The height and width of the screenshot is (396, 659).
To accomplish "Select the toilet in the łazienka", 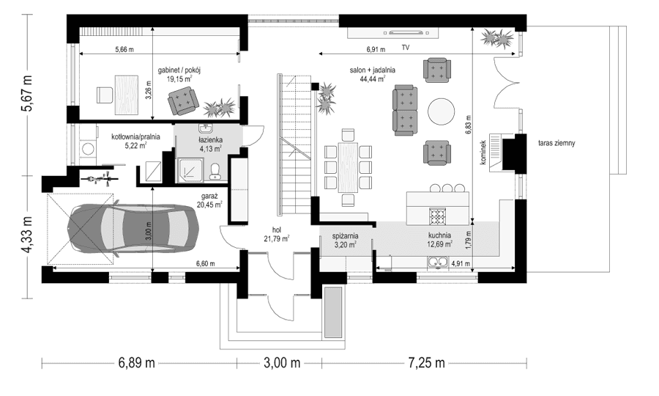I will point(215,171).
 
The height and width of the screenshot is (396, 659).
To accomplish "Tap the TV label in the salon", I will point(405,48).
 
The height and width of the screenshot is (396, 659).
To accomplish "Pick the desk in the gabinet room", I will point(127,93).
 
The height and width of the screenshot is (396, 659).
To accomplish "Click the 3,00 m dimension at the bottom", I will point(282,363).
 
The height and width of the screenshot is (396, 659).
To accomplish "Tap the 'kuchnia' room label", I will point(440,235).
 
